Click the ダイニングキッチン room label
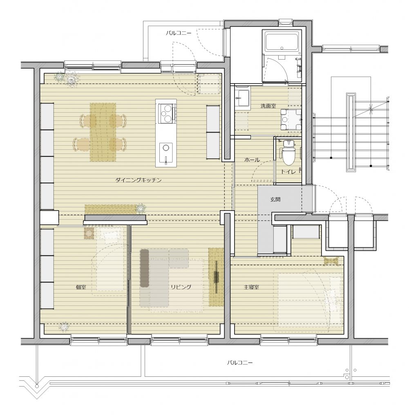coord(139,180)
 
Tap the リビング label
coord(181,287)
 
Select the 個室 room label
coord(81,287)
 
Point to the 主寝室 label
coord(251,287)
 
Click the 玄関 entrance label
coord(275,199)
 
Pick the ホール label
coord(252,160)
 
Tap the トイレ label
coord(288,172)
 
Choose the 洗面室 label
coord(268,106)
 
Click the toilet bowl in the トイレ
coord(288,153)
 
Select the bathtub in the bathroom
coord(282,42)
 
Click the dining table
coord(103,132)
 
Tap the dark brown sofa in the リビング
coord(144,268)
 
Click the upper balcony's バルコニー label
coord(179,33)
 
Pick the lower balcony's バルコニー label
coord(239,363)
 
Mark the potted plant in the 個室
coord(64,327)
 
